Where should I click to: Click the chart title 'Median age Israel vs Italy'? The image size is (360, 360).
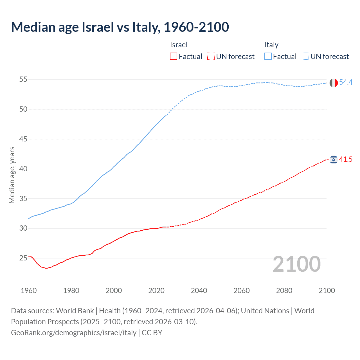point(120,27)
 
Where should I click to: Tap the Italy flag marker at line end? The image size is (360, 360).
point(334,83)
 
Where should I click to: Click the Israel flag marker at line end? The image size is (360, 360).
point(334,160)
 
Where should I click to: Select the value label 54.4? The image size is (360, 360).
point(346,82)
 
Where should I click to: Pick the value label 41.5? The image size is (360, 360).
point(346,159)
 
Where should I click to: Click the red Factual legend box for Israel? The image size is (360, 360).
point(174,57)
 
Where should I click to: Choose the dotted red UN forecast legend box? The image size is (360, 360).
point(211,57)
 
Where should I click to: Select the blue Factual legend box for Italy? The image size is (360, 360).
point(268,57)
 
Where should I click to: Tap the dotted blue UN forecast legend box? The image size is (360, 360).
point(305,57)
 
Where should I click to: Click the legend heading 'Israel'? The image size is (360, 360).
point(179,45)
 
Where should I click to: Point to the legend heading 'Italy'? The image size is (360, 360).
point(271,45)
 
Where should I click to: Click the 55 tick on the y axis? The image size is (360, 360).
point(23,79)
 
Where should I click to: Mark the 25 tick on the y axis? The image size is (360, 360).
point(23,258)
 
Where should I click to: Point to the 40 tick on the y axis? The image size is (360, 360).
point(23,169)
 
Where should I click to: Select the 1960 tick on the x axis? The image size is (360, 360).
point(29,291)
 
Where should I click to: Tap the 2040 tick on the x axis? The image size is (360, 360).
point(199,291)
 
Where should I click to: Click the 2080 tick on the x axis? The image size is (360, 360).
point(284,291)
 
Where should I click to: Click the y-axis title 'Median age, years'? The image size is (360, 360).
point(12,175)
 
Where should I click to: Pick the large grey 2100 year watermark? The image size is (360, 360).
point(296,264)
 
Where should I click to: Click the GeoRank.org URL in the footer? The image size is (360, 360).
point(74,332)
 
